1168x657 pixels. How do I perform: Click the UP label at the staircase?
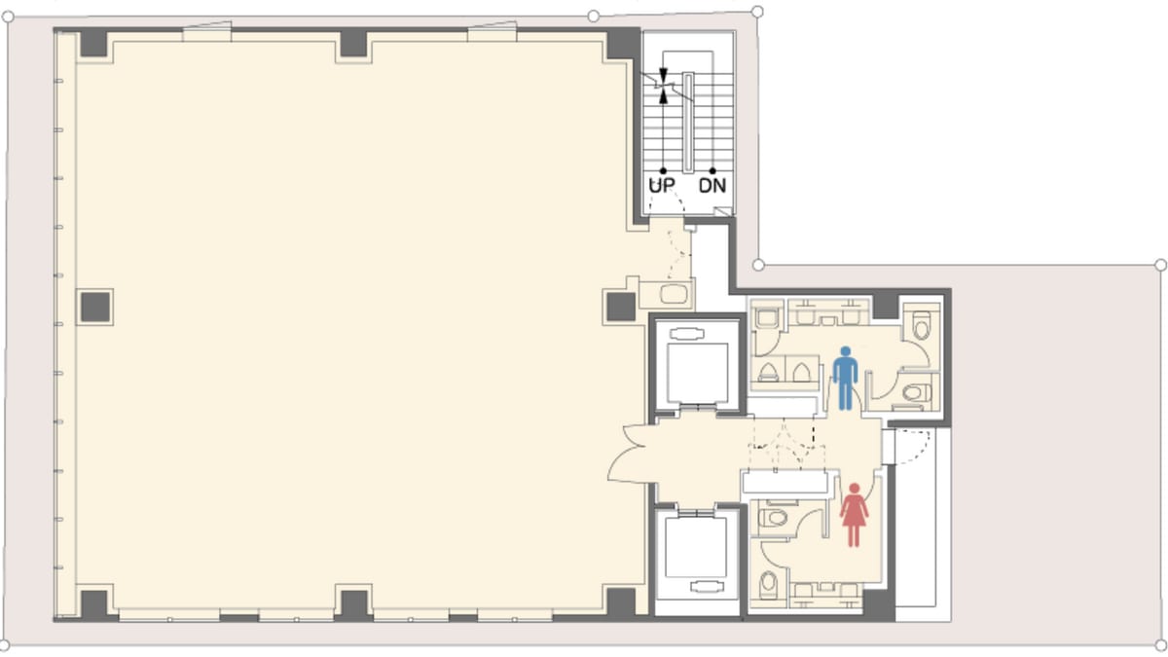[x=662, y=185]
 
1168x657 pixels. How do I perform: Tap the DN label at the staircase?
[x=712, y=185]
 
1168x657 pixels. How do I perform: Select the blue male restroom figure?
[x=845, y=378]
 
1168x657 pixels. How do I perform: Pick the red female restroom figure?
[x=854, y=515]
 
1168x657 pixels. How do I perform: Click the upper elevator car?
[x=697, y=373]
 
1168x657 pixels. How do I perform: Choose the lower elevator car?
[x=696, y=547]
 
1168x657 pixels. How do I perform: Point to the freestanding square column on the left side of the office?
[x=95, y=308]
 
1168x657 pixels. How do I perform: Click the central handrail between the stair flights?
[x=688, y=123]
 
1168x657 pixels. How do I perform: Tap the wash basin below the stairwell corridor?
[x=674, y=294]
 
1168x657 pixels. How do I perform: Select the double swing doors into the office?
[x=632, y=453]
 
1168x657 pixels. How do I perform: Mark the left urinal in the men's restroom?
[x=768, y=372]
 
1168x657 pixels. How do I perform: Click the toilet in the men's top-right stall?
[x=922, y=324]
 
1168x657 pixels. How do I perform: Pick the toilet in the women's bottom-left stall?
[x=768, y=584]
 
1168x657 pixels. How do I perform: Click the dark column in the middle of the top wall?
[x=353, y=44]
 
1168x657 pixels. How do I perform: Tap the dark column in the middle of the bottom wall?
[x=354, y=604]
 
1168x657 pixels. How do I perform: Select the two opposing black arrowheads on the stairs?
[x=663, y=86]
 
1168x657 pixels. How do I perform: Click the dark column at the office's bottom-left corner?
[x=93, y=604]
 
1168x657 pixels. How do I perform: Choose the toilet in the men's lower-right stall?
[x=917, y=392]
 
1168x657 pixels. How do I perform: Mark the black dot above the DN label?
[x=712, y=170]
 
